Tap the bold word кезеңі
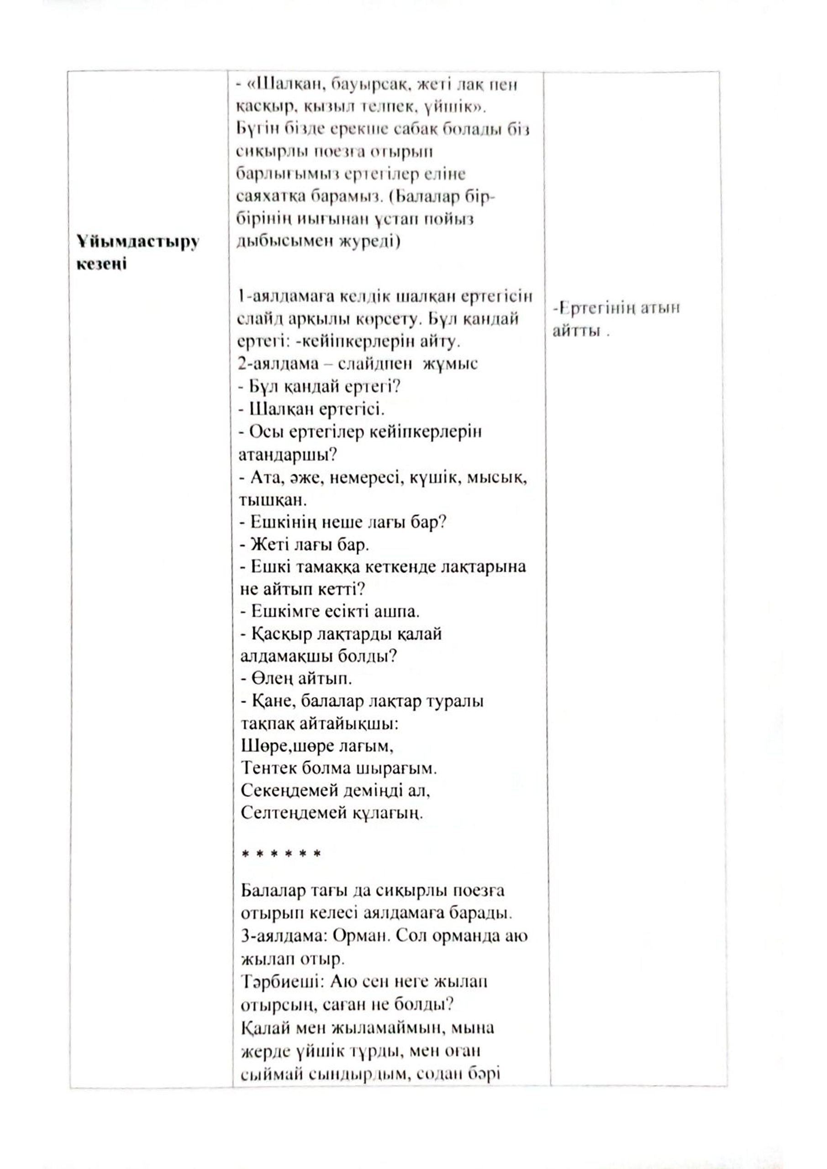[101, 264]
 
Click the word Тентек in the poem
[269, 768]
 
